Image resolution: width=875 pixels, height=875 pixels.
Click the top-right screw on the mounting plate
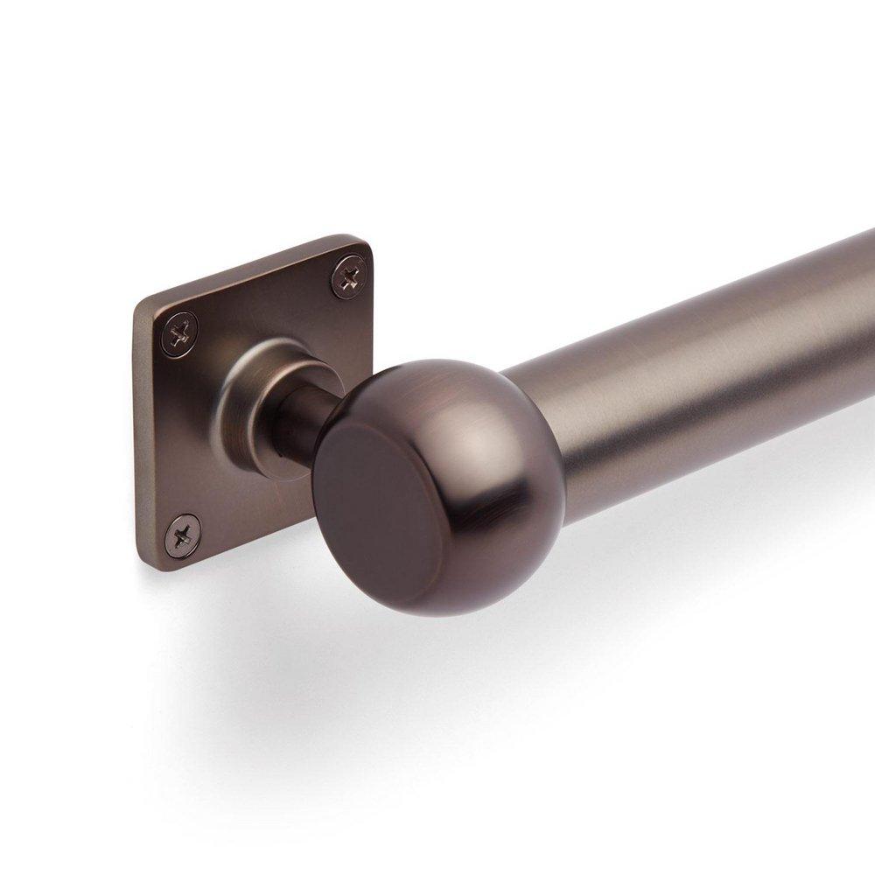click(x=349, y=278)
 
